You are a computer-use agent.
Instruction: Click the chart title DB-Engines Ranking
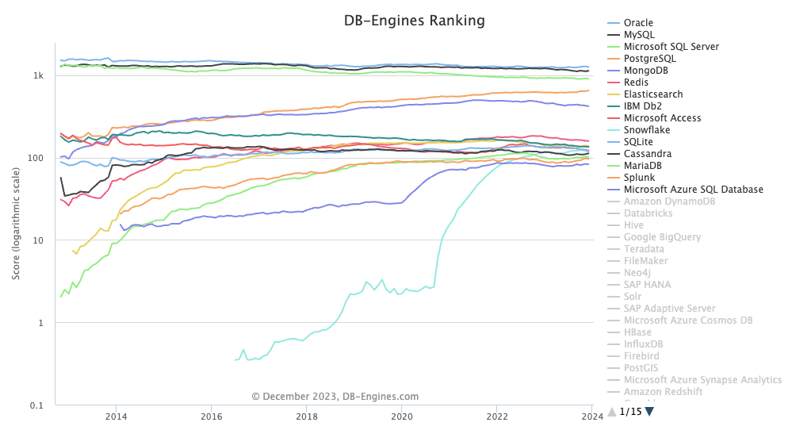tap(414, 21)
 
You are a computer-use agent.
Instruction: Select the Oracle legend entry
tap(638, 23)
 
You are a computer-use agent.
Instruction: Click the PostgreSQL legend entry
tap(650, 59)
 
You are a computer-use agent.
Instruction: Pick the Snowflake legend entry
tap(648, 130)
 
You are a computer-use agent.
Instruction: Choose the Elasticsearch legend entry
tap(653, 94)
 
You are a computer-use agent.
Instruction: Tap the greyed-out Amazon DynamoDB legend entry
tap(669, 202)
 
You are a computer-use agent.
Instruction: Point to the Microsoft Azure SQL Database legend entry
tap(693, 190)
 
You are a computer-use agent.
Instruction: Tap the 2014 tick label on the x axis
tap(116, 417)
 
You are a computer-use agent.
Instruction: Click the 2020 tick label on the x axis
tap(402, 417)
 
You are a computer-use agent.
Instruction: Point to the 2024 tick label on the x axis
tap(592, 417)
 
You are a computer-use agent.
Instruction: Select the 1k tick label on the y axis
tap(38, 75)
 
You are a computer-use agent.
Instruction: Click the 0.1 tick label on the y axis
tap(36, 405)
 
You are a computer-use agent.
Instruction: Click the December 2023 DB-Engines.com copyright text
tap(335, 397)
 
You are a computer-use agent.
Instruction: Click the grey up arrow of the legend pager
tap(611, 411)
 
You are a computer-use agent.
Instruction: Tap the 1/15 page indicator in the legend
tap(630, 412)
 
